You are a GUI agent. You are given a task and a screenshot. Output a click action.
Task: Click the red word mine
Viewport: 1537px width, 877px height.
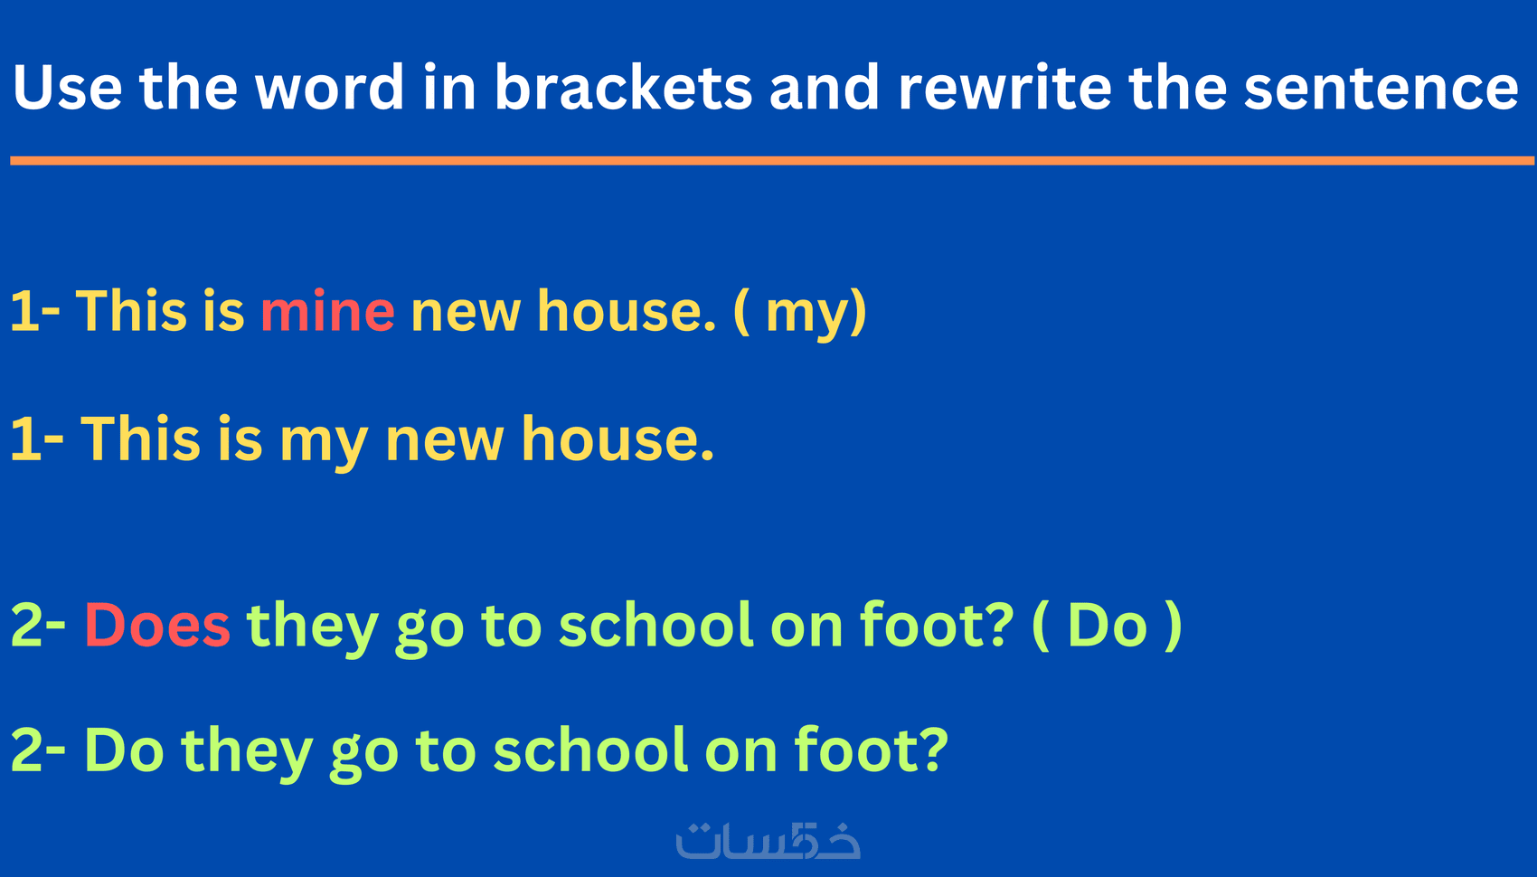coord(327,311)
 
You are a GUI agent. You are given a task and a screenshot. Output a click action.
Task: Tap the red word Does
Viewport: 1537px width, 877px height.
coord(157,625)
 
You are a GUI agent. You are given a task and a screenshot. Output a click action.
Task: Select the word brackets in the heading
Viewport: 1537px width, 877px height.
coord(624,87)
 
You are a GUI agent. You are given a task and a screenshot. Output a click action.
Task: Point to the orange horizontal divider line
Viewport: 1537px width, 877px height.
coord(772,161)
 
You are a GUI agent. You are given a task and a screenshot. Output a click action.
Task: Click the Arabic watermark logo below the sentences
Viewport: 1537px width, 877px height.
coord(768,840)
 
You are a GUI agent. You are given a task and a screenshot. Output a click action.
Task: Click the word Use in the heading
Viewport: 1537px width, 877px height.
coord(67,87)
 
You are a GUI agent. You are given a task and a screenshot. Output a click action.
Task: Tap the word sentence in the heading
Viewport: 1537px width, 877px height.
coord(1381,88)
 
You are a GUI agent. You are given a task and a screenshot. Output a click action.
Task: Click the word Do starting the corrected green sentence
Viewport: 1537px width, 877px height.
coord(124,750)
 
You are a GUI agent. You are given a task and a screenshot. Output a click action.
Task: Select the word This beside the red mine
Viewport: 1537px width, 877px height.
coord(131,310)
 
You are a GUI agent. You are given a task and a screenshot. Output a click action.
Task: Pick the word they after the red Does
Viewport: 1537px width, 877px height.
coord(312,628)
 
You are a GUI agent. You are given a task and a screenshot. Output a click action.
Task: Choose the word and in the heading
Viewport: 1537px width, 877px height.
coord(824,87)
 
